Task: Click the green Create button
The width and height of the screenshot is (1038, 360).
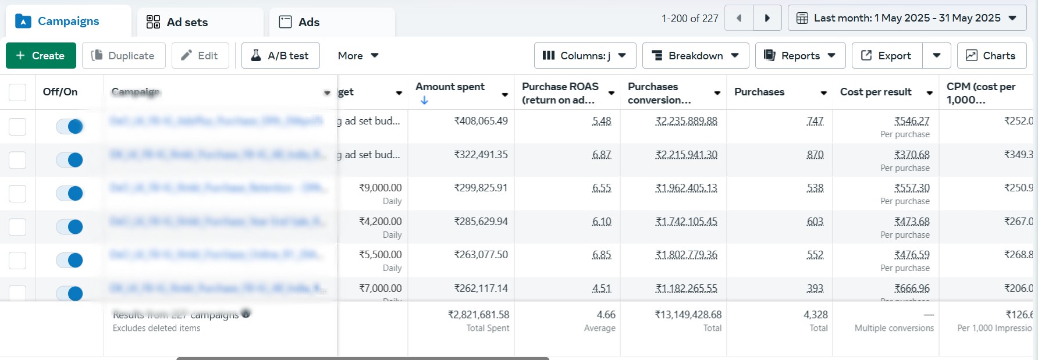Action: click(41, 56)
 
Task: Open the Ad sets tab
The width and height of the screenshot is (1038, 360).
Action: click(177, 22)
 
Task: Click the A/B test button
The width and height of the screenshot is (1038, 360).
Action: click(280, 56)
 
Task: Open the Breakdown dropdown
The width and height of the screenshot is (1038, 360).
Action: click(695, 56)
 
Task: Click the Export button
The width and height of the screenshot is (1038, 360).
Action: click(887, 56)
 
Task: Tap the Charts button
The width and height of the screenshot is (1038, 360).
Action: click(991, 56)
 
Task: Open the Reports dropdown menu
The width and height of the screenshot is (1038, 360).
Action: click(800, 56)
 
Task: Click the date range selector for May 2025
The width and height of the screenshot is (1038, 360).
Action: click(907, 18)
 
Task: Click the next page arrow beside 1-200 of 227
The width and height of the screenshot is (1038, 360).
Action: click(767, 18)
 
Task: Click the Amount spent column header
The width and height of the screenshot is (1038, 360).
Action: click(450, 87)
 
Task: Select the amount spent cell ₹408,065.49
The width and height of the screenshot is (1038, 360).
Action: click(481, 121)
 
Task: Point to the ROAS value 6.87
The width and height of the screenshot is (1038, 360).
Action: click(602, 155)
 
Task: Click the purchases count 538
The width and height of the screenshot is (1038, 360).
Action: click(815, 188)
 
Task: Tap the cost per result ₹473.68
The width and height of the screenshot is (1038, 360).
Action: click(912, 222)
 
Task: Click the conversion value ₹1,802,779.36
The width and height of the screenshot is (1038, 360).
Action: click(687, 255)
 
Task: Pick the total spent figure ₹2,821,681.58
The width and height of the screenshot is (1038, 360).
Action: click(478, 315)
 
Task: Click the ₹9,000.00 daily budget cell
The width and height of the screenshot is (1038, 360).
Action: click(380, 188)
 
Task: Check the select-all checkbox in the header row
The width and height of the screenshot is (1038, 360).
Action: click(17, 92)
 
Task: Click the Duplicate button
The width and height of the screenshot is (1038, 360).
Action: click(123, 56)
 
